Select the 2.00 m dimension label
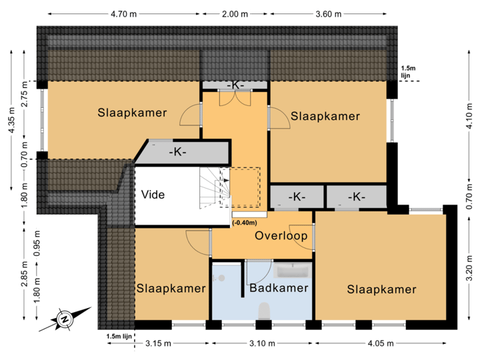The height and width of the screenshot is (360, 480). [x=235, y=13]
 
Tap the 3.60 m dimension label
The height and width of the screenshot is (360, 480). [x=328, y=13]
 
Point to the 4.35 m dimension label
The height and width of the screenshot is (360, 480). [x=10, y=121]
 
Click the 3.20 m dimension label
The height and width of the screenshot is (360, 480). [x=469, y=273]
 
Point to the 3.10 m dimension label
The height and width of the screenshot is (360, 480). [x=261, y=343]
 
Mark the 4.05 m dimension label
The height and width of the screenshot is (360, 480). [x=379, y=343]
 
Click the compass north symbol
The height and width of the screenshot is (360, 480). [x=65, y=319]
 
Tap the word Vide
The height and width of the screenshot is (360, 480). [x=153, y=195]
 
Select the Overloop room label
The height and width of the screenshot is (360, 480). [x=281, y=236]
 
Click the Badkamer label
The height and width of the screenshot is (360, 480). [x=279, y=288]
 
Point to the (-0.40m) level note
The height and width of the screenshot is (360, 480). [x=245, y=223]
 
